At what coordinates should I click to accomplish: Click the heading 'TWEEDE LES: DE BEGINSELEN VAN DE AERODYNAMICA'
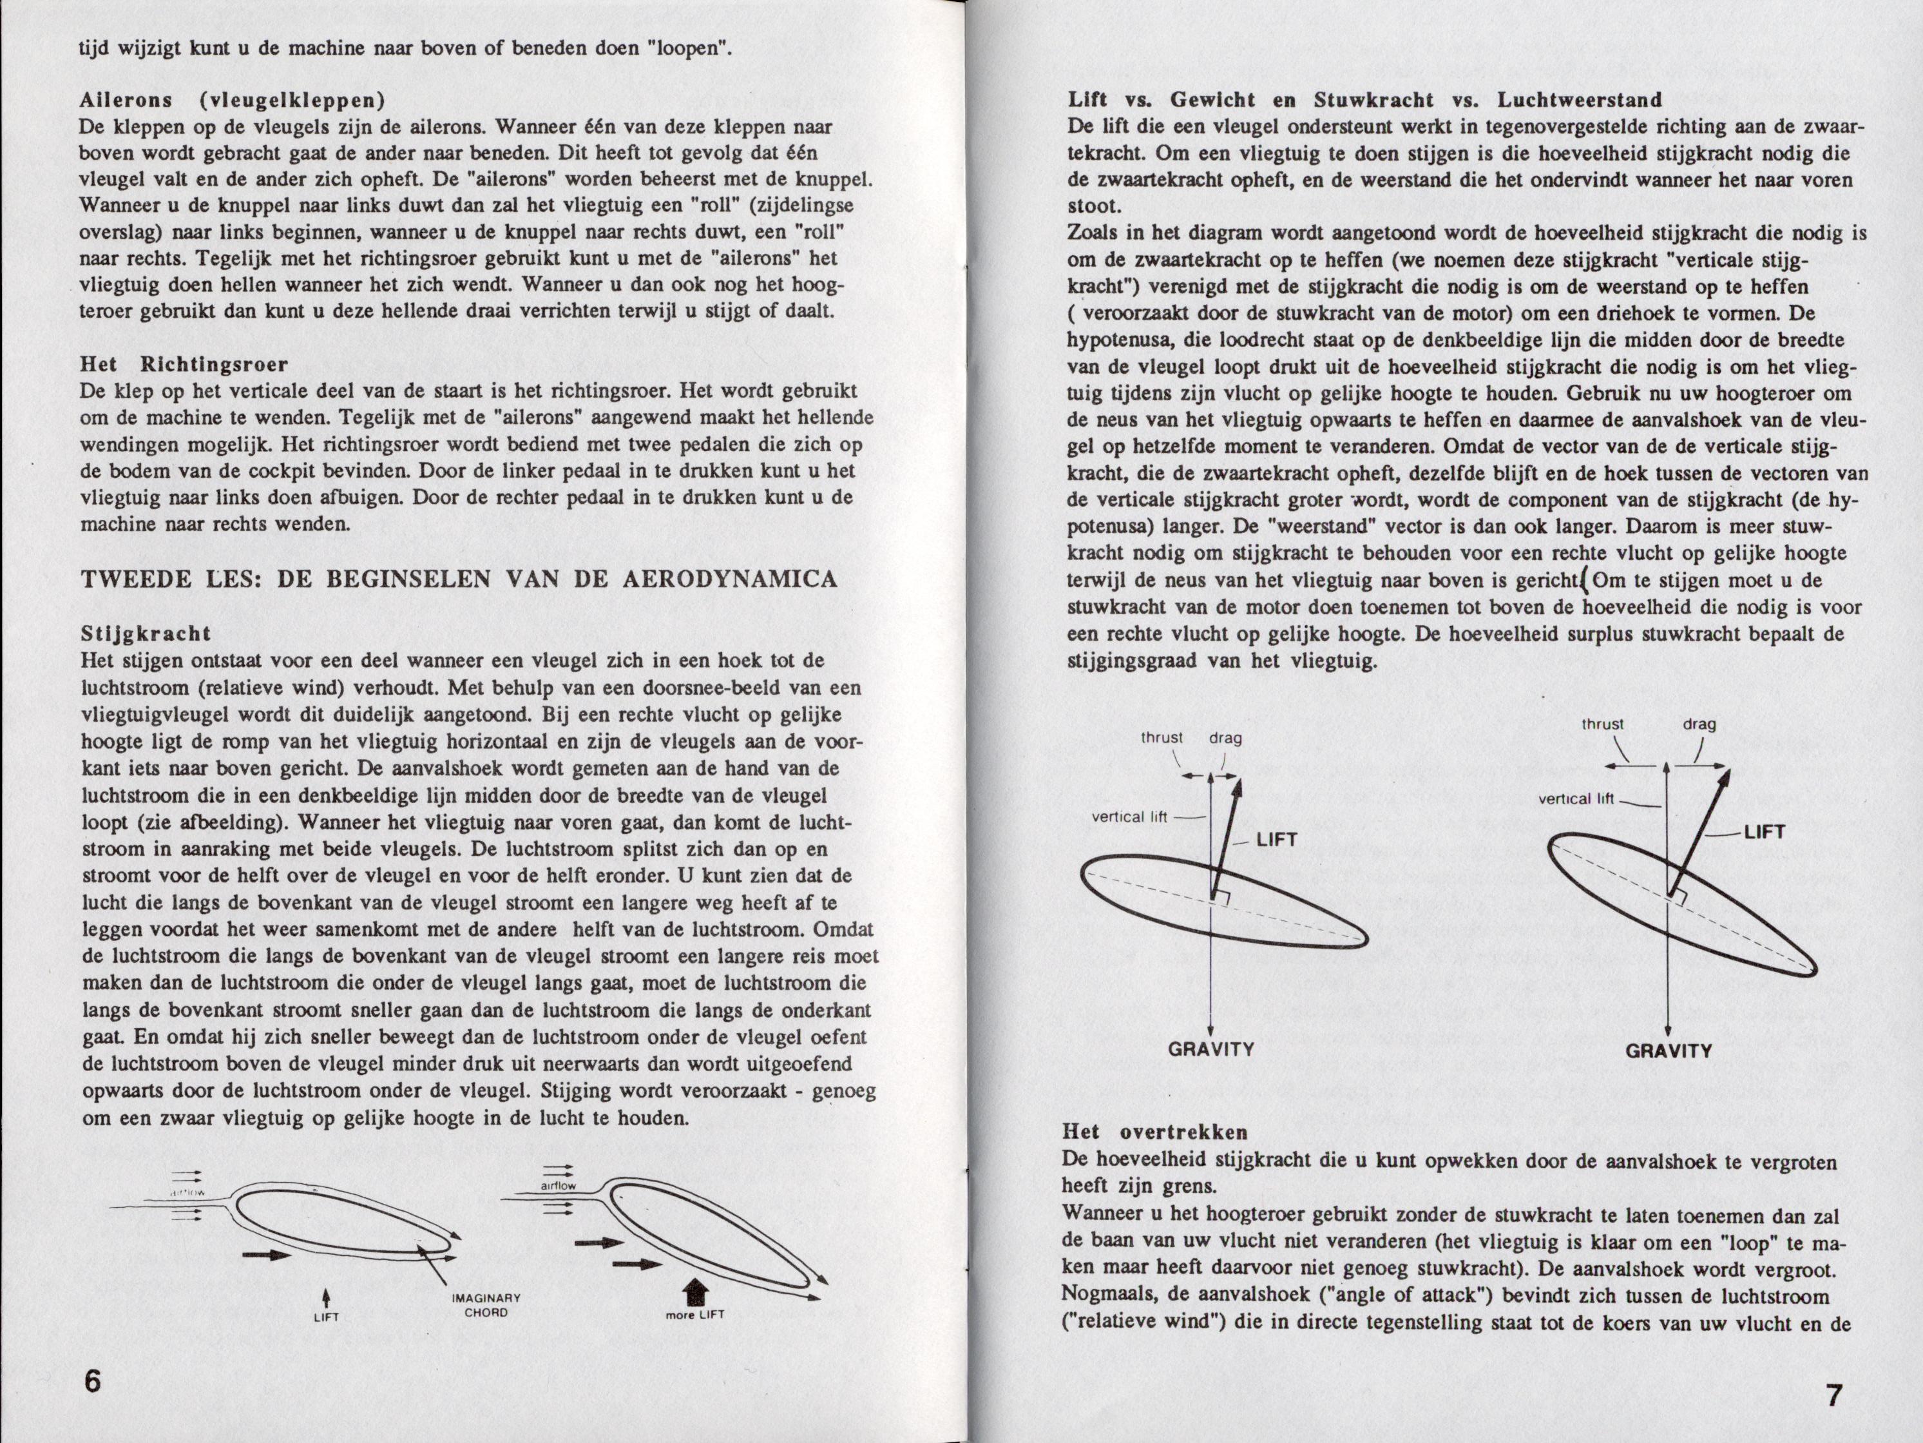coord(459,579)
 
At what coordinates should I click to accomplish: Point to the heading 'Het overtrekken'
coord(1154,1132)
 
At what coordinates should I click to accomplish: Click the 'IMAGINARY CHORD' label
coord(486,1304)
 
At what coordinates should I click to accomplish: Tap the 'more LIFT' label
coord(694,1314)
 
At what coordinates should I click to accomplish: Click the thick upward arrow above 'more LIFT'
coord(694,1290)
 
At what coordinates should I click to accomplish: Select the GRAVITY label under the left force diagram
coord(1211,1049)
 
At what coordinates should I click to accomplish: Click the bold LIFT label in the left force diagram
coord(1276,839)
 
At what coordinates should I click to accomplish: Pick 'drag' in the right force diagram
coord(1699,724)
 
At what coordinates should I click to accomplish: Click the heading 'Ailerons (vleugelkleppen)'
coord(232,99)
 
